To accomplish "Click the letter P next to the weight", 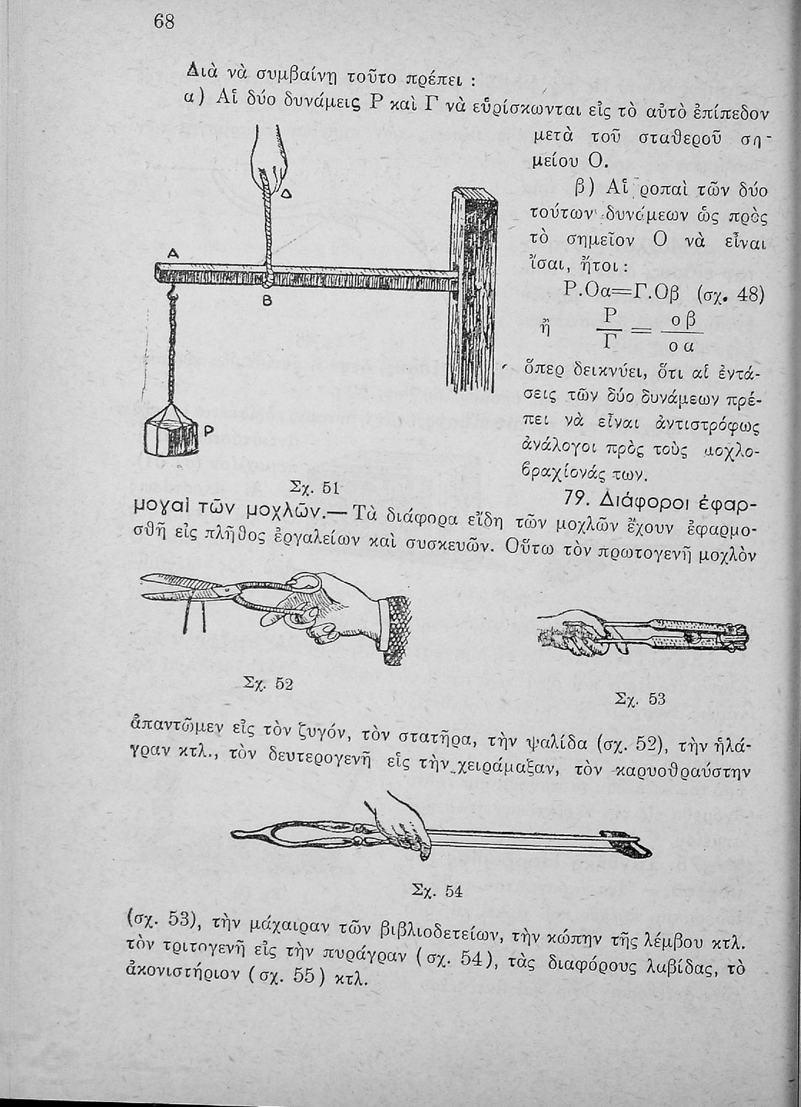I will click(x=208, y=430).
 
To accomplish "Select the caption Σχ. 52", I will click(x=269, y=683).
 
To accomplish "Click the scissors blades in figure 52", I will click(x=185, y=587).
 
